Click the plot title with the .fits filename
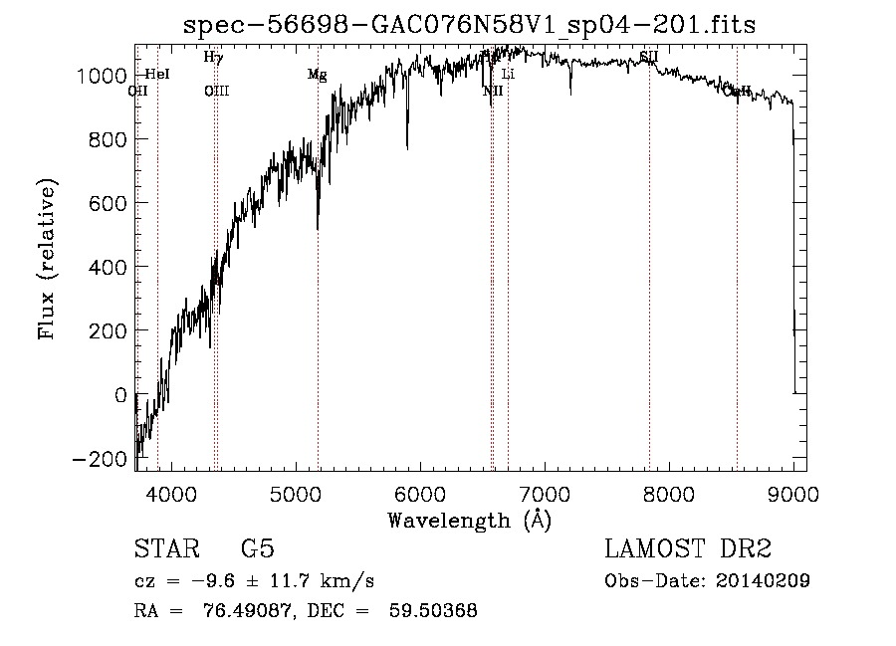[x=470, y=26]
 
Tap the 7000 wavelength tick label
[x=544, y=494]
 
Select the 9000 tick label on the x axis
[x=792, y=494]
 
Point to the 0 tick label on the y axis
[x=120, y=395]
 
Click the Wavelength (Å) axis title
[x=469, y=520]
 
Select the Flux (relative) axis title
[x=48, y=259]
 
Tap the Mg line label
[x=317, y=75]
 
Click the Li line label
[x=508, y=75]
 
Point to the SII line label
[x=649, y=57]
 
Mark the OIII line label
[x=216, y=92]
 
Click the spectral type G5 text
[x=258, y=549]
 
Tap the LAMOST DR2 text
[x=688, y=549]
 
